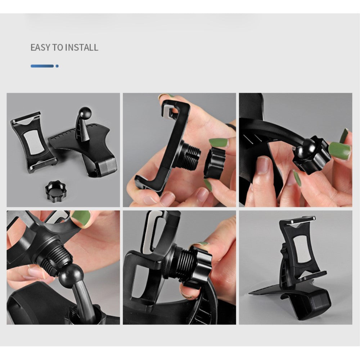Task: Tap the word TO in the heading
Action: point(58,48)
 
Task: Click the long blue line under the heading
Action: point(42,66)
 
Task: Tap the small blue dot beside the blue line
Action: point(57,66)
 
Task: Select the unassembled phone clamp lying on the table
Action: point(33,142)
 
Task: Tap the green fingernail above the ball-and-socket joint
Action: point(81,218)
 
